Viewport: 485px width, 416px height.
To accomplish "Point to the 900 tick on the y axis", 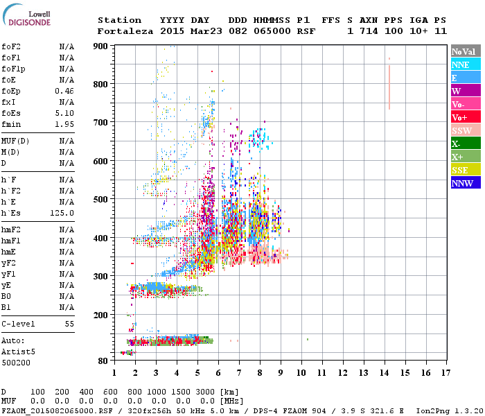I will [x=102, y=46].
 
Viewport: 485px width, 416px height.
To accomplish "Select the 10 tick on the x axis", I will [x=301, y=373].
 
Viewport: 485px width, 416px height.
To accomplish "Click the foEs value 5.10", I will [x=64, y=113].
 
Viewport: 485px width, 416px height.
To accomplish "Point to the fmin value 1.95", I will [x=64, y=124].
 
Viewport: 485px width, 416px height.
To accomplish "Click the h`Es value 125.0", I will [x=63, y=213].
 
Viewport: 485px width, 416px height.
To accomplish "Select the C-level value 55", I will [x=69, y=324].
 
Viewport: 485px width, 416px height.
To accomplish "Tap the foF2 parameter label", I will [x=10, y=46].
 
